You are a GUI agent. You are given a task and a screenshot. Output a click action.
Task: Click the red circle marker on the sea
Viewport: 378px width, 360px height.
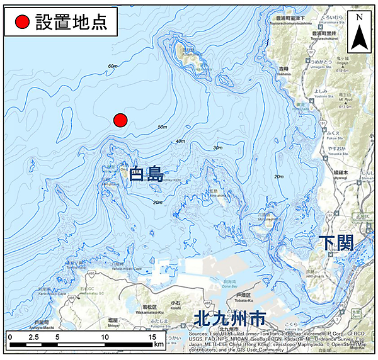(120, 120)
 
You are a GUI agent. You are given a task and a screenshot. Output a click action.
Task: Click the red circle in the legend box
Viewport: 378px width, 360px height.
(22, 22)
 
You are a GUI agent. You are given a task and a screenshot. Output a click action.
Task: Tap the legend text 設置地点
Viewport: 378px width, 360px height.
(71, 22)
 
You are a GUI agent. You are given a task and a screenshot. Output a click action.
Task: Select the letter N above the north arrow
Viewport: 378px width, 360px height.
(359, 17)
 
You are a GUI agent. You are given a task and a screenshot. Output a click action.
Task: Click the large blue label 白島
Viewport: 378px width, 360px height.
(146, 174)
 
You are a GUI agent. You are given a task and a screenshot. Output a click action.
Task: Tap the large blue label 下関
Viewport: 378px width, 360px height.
(337, 243)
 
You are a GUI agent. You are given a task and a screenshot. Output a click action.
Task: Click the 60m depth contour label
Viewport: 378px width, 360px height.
(113, 66)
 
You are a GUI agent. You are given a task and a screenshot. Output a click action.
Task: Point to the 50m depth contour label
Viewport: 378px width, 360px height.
(163, 128)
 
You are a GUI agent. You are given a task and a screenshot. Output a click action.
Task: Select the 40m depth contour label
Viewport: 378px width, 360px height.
(181, 141)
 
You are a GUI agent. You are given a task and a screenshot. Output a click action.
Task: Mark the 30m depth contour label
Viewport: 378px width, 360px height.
(218, 147)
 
